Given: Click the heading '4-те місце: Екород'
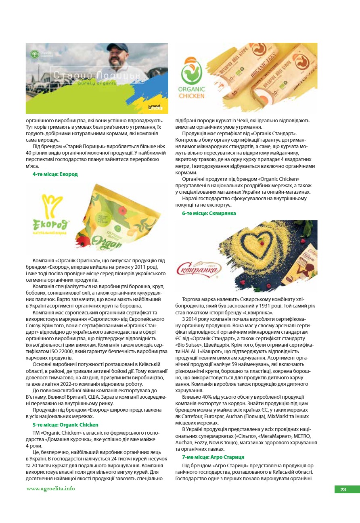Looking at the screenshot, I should click(x=55, y=174).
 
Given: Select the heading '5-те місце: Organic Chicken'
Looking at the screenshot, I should click(x=65, y=425).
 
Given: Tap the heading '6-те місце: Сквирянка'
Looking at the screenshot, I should click(x=209, y=213).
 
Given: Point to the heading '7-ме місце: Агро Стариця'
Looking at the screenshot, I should click(x=213, y=457).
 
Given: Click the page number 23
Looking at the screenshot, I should click(x=343, y=490).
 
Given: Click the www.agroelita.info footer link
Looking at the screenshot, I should click(x=50, y=489).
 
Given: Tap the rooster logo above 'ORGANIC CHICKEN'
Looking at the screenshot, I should click(x=192, y=71).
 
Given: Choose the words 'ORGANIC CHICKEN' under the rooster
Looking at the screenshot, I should click(x=192, y=92).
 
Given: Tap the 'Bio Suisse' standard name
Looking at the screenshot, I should click(x=189, y=344).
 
